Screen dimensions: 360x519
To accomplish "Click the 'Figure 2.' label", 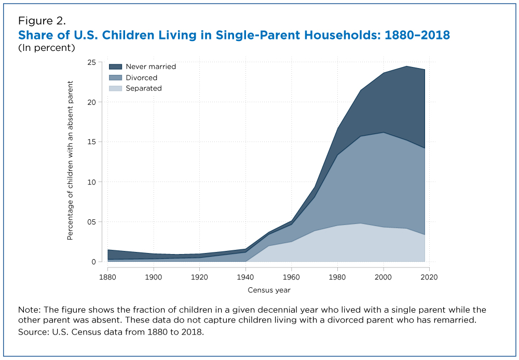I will (x=42, y=21).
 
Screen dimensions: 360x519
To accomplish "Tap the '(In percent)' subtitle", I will (x=47, y=48).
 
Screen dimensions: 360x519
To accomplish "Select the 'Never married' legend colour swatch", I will (x=115, y=66).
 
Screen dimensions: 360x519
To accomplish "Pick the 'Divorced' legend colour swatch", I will (x=115, y=77).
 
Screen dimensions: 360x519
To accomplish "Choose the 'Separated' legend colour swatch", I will (x=115, y=88).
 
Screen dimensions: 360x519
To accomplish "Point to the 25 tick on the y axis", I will (x=91, y=62).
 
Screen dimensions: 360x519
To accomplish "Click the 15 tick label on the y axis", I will (x=91, y=142).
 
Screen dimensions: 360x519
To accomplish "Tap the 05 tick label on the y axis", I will (x=91, y=222).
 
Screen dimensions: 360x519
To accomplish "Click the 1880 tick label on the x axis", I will (x=108, y=277).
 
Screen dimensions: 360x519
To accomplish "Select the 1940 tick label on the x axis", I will (x=246, y=277).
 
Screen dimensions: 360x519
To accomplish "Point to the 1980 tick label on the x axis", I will (x=338, y=277).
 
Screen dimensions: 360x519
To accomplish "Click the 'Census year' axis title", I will (x=269, y=290).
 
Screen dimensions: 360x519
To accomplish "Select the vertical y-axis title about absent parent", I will (x=70, y=161).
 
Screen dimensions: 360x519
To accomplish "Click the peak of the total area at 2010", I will (x=406, y=66).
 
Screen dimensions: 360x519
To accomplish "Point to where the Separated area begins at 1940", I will (x=246, y=261).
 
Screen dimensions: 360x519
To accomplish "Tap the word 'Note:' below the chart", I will (x=29, y=310).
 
